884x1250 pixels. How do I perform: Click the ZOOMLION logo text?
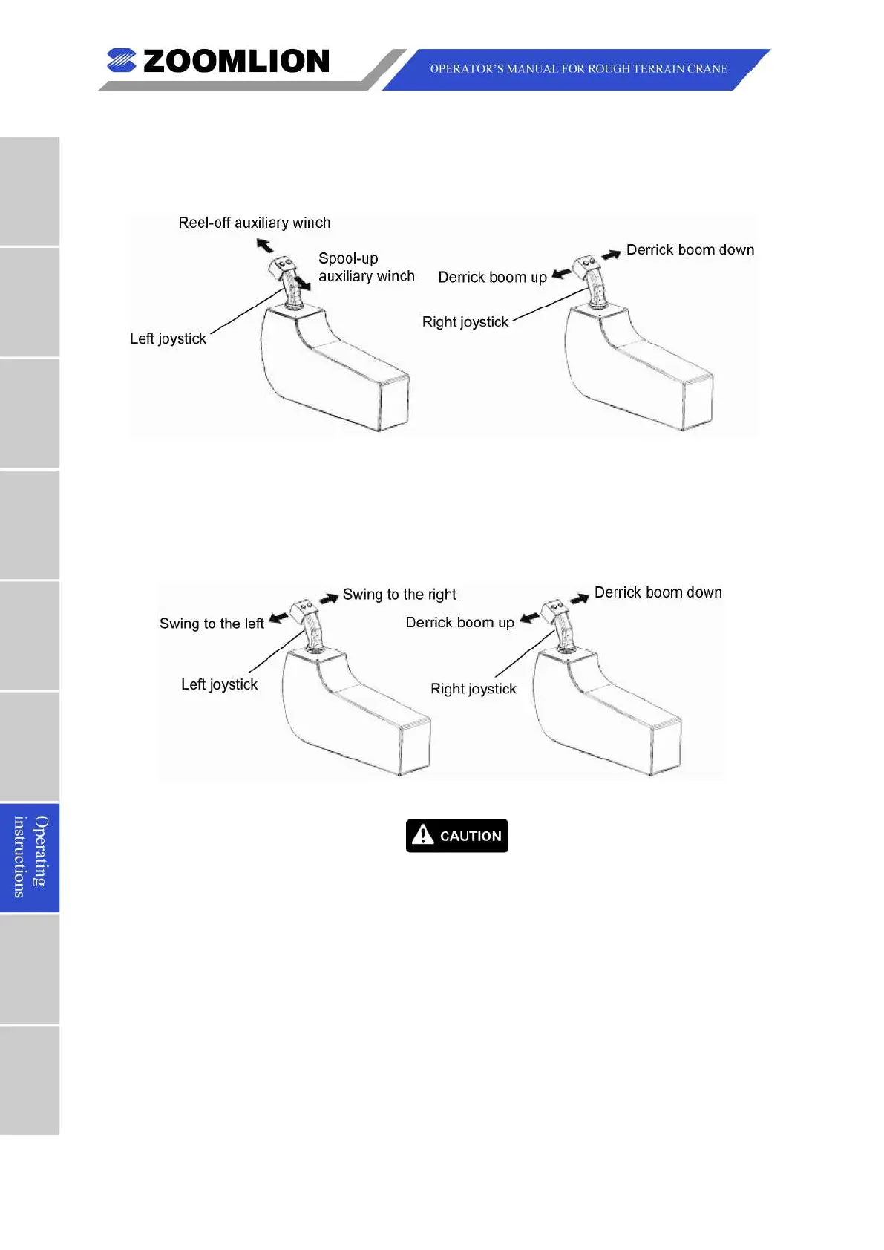tap(235, 62)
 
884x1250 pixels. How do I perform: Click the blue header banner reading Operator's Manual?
tap(577, 69)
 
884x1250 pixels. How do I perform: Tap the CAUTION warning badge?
tap(456, 836)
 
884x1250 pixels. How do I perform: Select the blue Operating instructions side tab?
tap(30, 857)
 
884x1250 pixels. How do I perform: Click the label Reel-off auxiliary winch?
tap(254, 223)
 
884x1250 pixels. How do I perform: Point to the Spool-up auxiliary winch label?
tap(366, 267)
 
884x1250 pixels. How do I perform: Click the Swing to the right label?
tap(399, 595)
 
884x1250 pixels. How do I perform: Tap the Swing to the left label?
tap(212, 624)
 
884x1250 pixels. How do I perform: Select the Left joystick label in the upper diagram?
tap(168, 338)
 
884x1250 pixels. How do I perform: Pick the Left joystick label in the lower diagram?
tap(219, 684)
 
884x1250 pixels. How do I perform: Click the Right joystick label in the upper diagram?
tap(465, 321)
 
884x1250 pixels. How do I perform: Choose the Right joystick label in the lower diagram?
tap(473, 689)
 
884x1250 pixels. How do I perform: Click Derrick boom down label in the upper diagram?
tap(690, 250)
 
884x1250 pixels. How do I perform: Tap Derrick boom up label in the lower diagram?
tap(459, 623)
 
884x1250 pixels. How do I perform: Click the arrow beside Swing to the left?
tap(278, 618)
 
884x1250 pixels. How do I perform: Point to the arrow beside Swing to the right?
tap(329, 598)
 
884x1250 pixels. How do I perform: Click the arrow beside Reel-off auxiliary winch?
tap(264, 245)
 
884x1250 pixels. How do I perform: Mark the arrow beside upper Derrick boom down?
tap(611, 255)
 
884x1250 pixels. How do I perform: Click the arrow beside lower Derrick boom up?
tap(529, 618)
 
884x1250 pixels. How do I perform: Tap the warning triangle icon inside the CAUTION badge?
tap(422, 835)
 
